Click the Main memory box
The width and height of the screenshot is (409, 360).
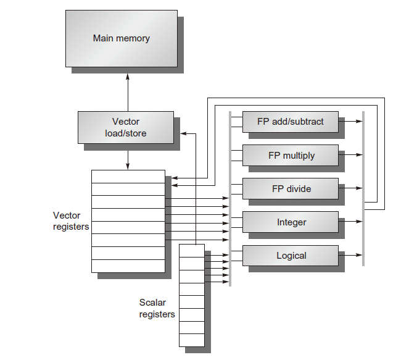pos(121,38)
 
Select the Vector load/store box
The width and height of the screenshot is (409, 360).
pos(125,127)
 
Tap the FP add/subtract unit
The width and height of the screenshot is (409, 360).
pos(290,122)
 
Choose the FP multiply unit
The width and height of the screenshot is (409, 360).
pos(290,155)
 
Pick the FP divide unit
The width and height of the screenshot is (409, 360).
pos(290,188)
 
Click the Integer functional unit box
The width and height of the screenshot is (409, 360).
pos(290,222)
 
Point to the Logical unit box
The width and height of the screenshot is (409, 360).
pos(290,255)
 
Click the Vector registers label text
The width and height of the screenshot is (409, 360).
pos(71,221)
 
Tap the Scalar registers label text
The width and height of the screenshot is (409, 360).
pos(157,309)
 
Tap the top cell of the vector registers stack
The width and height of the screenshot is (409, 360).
pos(128,176)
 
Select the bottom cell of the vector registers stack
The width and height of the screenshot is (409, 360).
pos(128,266)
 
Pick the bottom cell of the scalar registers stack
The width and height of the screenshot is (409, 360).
pos(192,340)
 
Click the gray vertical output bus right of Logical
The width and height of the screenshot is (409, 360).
pos(363,247)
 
